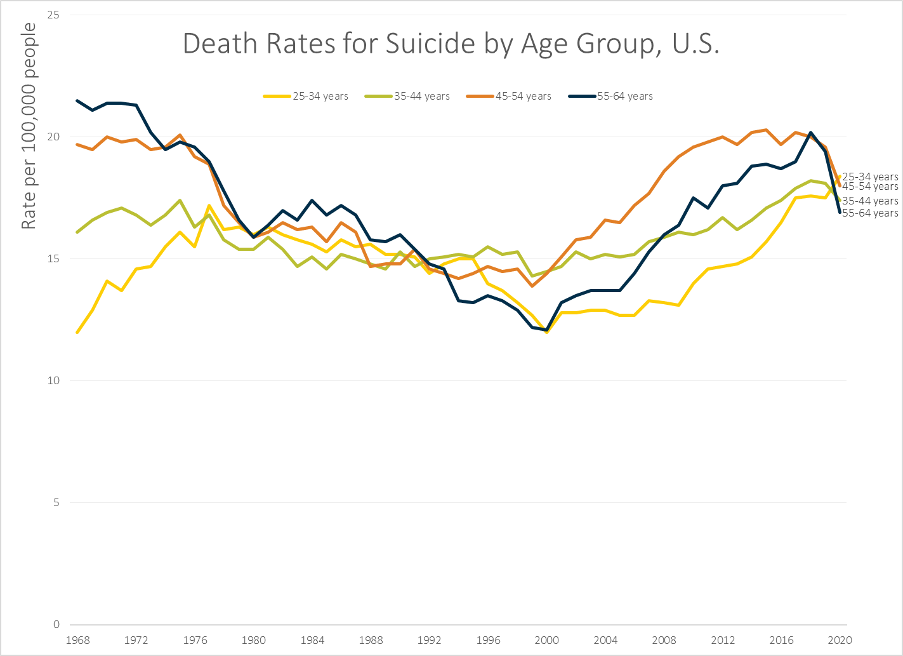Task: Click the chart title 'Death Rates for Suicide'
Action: pyautogui.click(x=451, y=44)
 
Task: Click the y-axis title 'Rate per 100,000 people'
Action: pyautogui.click(x=29, y=126)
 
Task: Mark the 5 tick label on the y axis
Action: pyautogui.click(x=56, y=502)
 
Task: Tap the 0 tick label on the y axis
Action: pyautogui.click(x=56, y=624)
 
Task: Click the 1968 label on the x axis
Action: pyautogui.click(x=77, y=640)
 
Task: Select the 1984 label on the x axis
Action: pyautogui.click(x=312, y=640)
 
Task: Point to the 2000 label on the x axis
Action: pyautogui.click(x=546, y=640)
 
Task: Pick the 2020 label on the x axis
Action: pyautogui.click(x=840, y=640)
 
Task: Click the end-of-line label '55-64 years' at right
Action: pyautogui.click(x=870, y=213)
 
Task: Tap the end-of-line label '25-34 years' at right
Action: pyautogui.click(x=870, y=177)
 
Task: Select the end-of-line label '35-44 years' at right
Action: pyautogui.click(x=870, y=201)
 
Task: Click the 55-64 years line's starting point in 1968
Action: pyautogui.click(x=77, y=100)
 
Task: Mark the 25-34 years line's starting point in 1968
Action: pyautogui.click(x=77, y=332)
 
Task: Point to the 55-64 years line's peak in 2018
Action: pyautogui.click(x=810, y=133)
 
